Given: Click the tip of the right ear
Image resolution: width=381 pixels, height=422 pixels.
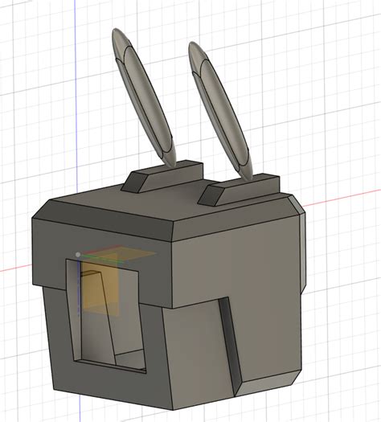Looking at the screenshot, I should (x=195, y=44).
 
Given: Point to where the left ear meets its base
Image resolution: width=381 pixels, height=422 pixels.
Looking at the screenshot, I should (x=170, y=161).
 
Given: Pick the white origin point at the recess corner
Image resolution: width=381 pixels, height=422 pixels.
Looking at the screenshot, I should (x=77, y=255).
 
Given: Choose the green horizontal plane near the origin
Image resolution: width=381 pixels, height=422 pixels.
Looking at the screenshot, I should (x=121, y=256).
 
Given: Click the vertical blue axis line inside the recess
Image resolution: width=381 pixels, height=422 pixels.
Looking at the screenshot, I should (x=79, y=297).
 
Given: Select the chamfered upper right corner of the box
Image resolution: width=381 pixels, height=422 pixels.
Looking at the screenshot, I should (x=299, y=207).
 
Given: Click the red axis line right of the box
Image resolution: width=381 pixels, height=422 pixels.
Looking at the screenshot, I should (x=346, y=195).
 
